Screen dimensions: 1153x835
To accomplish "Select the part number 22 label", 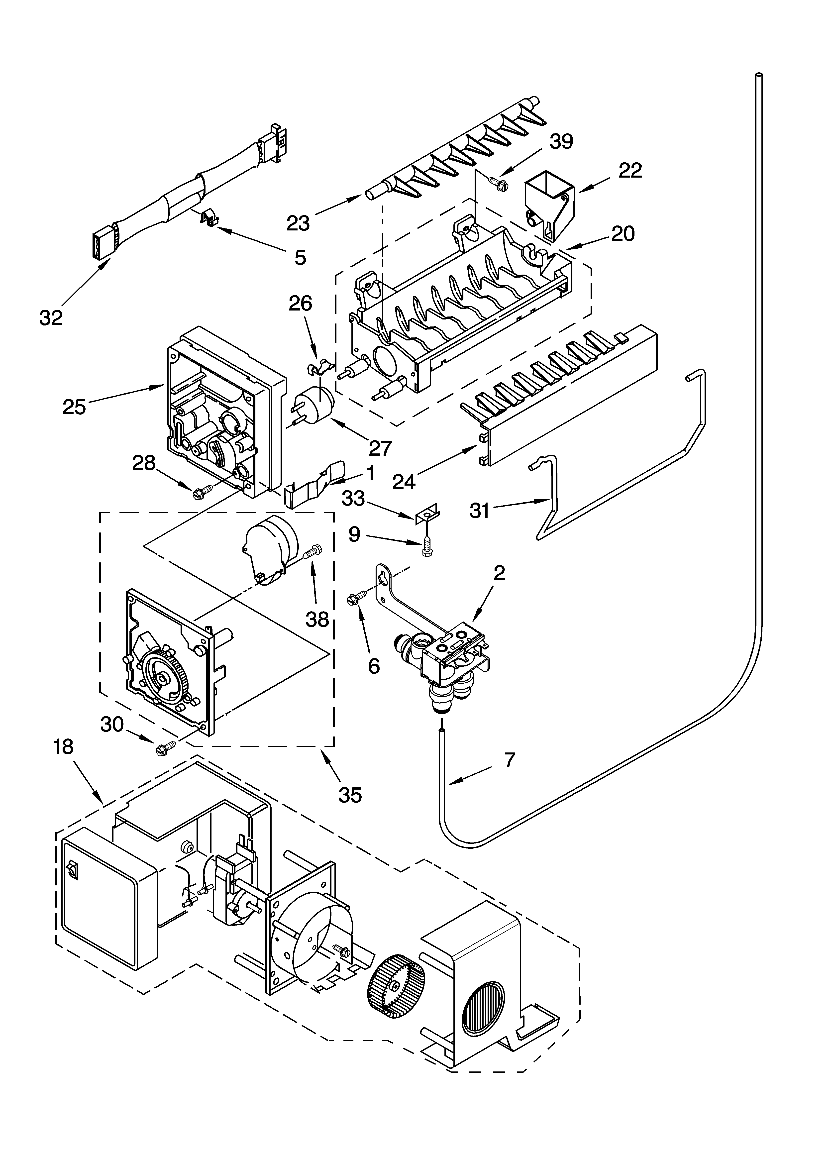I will point(630,171).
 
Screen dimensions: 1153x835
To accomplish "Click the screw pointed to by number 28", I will point(199,492).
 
